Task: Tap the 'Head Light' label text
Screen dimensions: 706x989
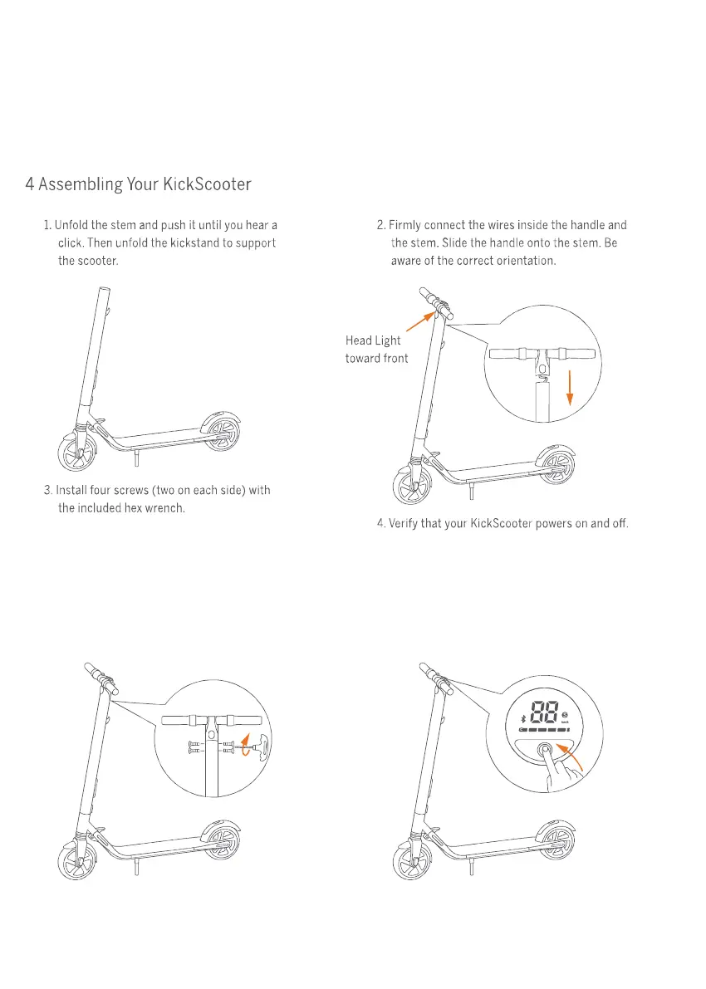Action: [x=373, y=340]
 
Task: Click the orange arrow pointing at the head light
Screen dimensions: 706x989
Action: [x=420, y=319]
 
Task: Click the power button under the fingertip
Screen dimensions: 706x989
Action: [x=546, y=750]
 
